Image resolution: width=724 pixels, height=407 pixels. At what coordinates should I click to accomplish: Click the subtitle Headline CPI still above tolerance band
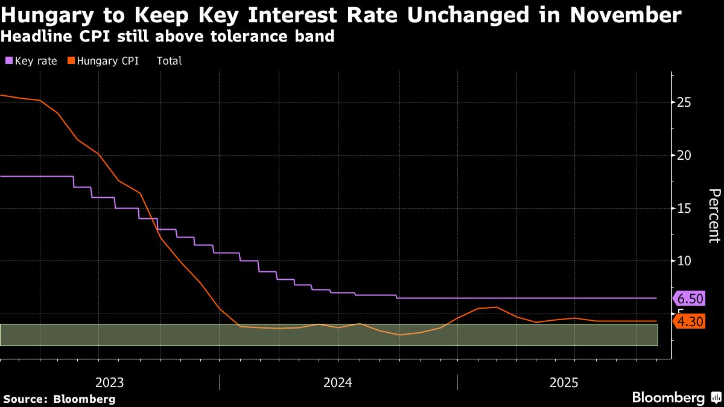(167, 36)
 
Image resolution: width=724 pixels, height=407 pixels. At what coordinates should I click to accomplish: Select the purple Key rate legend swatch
(9, 61)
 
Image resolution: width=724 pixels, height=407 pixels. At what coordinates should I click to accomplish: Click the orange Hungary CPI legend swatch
(71, 61)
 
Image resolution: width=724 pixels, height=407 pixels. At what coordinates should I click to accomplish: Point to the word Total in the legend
(169, 61)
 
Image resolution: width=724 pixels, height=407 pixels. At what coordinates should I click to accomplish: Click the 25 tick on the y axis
(684, 103)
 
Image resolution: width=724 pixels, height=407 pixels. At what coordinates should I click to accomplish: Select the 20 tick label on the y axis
(684, 156)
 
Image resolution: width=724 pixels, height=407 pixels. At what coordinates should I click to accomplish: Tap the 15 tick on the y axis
(684, 209)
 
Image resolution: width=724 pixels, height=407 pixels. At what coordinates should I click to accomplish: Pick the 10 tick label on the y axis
(684, 261)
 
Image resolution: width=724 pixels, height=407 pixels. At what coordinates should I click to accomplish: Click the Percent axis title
(714, 215)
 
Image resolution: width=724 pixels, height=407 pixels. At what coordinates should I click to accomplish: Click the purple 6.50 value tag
(690, 299)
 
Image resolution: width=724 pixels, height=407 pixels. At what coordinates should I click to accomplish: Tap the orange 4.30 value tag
(690, 322)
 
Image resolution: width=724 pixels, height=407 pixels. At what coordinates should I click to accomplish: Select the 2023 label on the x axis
(110, 382)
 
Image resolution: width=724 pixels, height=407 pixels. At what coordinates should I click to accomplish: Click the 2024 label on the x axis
(338, 382)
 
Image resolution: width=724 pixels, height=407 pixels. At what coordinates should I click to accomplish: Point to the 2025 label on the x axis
(564, 382)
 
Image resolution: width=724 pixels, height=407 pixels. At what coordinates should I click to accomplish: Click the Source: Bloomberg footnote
(59, 399)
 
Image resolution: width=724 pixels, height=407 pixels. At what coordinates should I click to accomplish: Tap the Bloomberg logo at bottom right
(668, 398)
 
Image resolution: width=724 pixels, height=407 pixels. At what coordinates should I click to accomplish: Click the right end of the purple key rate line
(656, 298)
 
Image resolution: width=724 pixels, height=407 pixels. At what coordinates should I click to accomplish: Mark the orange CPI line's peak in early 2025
(496, 307)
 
